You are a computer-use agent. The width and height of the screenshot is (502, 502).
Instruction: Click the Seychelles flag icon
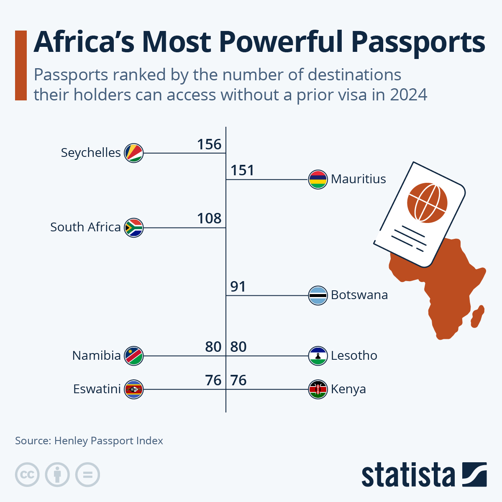134,153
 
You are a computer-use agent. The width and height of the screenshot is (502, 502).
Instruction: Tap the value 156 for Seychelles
209,144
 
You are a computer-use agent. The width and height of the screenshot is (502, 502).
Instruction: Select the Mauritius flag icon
318,180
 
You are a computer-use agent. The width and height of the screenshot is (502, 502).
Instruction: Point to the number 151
242,171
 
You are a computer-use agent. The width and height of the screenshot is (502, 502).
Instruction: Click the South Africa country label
85,227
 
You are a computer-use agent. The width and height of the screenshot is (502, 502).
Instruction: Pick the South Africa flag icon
134,228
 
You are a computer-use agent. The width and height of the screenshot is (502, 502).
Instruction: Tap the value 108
209,218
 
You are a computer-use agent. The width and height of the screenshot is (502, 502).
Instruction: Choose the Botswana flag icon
318,296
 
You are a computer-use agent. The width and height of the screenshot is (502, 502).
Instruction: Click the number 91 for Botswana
238,287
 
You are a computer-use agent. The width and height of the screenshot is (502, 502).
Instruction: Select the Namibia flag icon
134,356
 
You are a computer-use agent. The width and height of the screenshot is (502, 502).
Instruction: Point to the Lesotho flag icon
318,356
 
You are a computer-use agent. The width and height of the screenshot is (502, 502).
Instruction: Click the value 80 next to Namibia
213,347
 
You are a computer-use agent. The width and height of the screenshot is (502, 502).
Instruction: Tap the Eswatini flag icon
134,389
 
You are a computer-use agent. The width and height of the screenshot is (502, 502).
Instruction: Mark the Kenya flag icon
318,389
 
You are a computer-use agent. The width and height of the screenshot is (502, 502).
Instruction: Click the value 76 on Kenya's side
238,381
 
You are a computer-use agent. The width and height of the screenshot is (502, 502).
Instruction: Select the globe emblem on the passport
427,202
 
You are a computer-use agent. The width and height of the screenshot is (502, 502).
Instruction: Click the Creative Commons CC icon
27,475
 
